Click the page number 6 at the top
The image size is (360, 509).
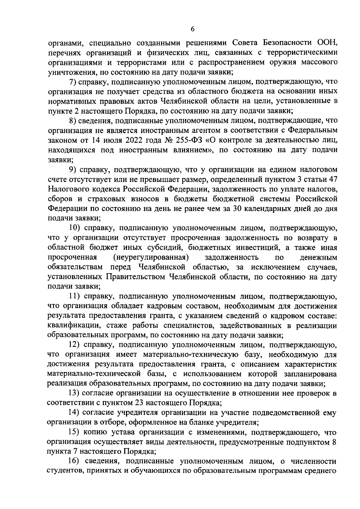click(192, 29)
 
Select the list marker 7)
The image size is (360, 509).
click(73, 82)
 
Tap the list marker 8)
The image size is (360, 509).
click(73, 121)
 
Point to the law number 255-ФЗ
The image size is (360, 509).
click(178, 140)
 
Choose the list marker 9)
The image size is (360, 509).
click(73, 169)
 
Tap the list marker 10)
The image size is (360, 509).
click(75, 228)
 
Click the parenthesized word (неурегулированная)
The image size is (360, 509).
click(151, 257)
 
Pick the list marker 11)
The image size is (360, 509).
click(75, 296)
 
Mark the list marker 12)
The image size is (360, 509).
click(75, 345)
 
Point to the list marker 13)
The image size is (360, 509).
click(75, 394)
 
